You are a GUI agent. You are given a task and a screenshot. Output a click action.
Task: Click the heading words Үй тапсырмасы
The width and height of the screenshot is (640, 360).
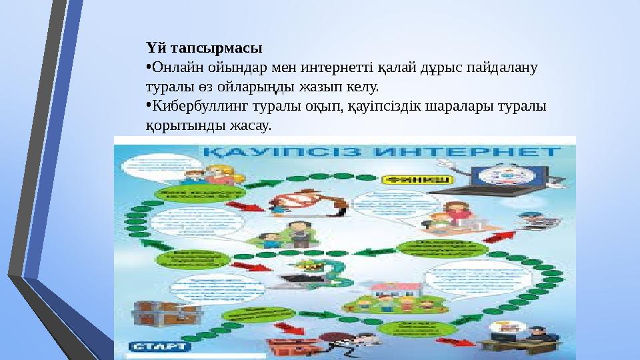pos(204,48)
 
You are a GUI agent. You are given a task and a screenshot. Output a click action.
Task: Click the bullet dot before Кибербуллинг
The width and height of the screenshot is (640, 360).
pos(149,105)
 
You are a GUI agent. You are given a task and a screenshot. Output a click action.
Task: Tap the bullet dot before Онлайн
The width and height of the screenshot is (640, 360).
pos(149,66)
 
